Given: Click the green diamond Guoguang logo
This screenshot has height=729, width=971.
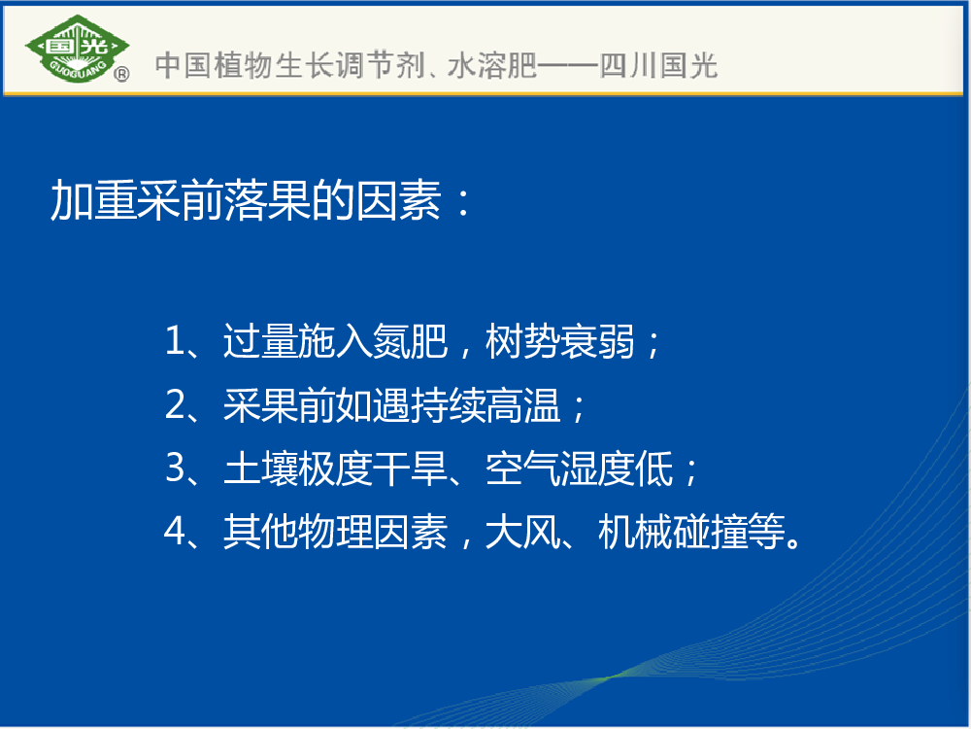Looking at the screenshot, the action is coord(78,49).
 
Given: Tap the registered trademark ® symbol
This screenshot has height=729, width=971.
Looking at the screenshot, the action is coord(122,75).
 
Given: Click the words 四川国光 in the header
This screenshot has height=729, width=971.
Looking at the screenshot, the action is coord(658,66).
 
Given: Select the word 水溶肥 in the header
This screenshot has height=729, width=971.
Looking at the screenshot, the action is coord(491,66).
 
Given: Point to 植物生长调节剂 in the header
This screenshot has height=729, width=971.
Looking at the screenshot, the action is coord(318,66).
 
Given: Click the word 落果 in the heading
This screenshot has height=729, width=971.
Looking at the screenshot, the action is coord(268,200).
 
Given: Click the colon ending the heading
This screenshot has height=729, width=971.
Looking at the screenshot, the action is coord(462,204).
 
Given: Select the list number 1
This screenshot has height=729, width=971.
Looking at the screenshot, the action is coord(175,341).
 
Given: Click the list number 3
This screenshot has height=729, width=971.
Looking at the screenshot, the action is coord(175,469).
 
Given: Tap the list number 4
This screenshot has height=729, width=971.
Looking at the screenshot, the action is coord(175,532).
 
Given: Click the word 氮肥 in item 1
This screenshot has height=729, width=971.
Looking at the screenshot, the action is coord(410,341).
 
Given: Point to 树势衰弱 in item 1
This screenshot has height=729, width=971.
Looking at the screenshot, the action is coord(560,341).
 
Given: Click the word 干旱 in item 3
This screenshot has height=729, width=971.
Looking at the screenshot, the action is coord(410,469).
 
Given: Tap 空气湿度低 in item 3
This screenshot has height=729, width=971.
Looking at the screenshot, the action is coord(579,469).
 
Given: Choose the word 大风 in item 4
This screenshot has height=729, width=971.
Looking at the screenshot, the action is coord(522,532).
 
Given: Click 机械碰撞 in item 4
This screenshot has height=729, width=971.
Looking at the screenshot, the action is coord(673,532).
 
